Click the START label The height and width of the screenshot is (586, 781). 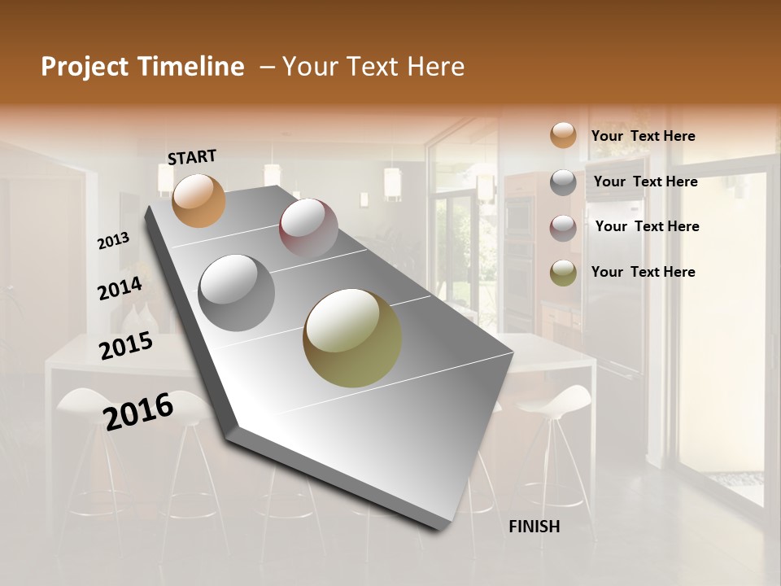point(192,157)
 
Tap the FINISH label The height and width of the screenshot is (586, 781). point(534,527)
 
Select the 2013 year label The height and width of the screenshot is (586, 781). point(114,241)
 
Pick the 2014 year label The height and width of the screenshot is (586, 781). point(120,288)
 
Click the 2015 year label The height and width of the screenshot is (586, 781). point(126,345)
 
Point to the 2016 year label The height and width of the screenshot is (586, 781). point(138,411)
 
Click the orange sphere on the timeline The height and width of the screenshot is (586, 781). point(199,200)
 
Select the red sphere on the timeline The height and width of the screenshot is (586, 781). point(308,227)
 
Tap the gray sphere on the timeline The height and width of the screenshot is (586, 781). point(237,293)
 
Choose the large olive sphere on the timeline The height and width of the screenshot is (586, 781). point(352,338)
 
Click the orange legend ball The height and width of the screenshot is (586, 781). point(563,136)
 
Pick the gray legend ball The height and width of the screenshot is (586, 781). point(563,182)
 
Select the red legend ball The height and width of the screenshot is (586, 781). point(563,228)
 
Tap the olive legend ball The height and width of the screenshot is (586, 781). point(563,273)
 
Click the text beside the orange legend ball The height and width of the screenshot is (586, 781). point(643,136)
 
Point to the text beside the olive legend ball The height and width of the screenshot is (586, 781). point(643,272)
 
